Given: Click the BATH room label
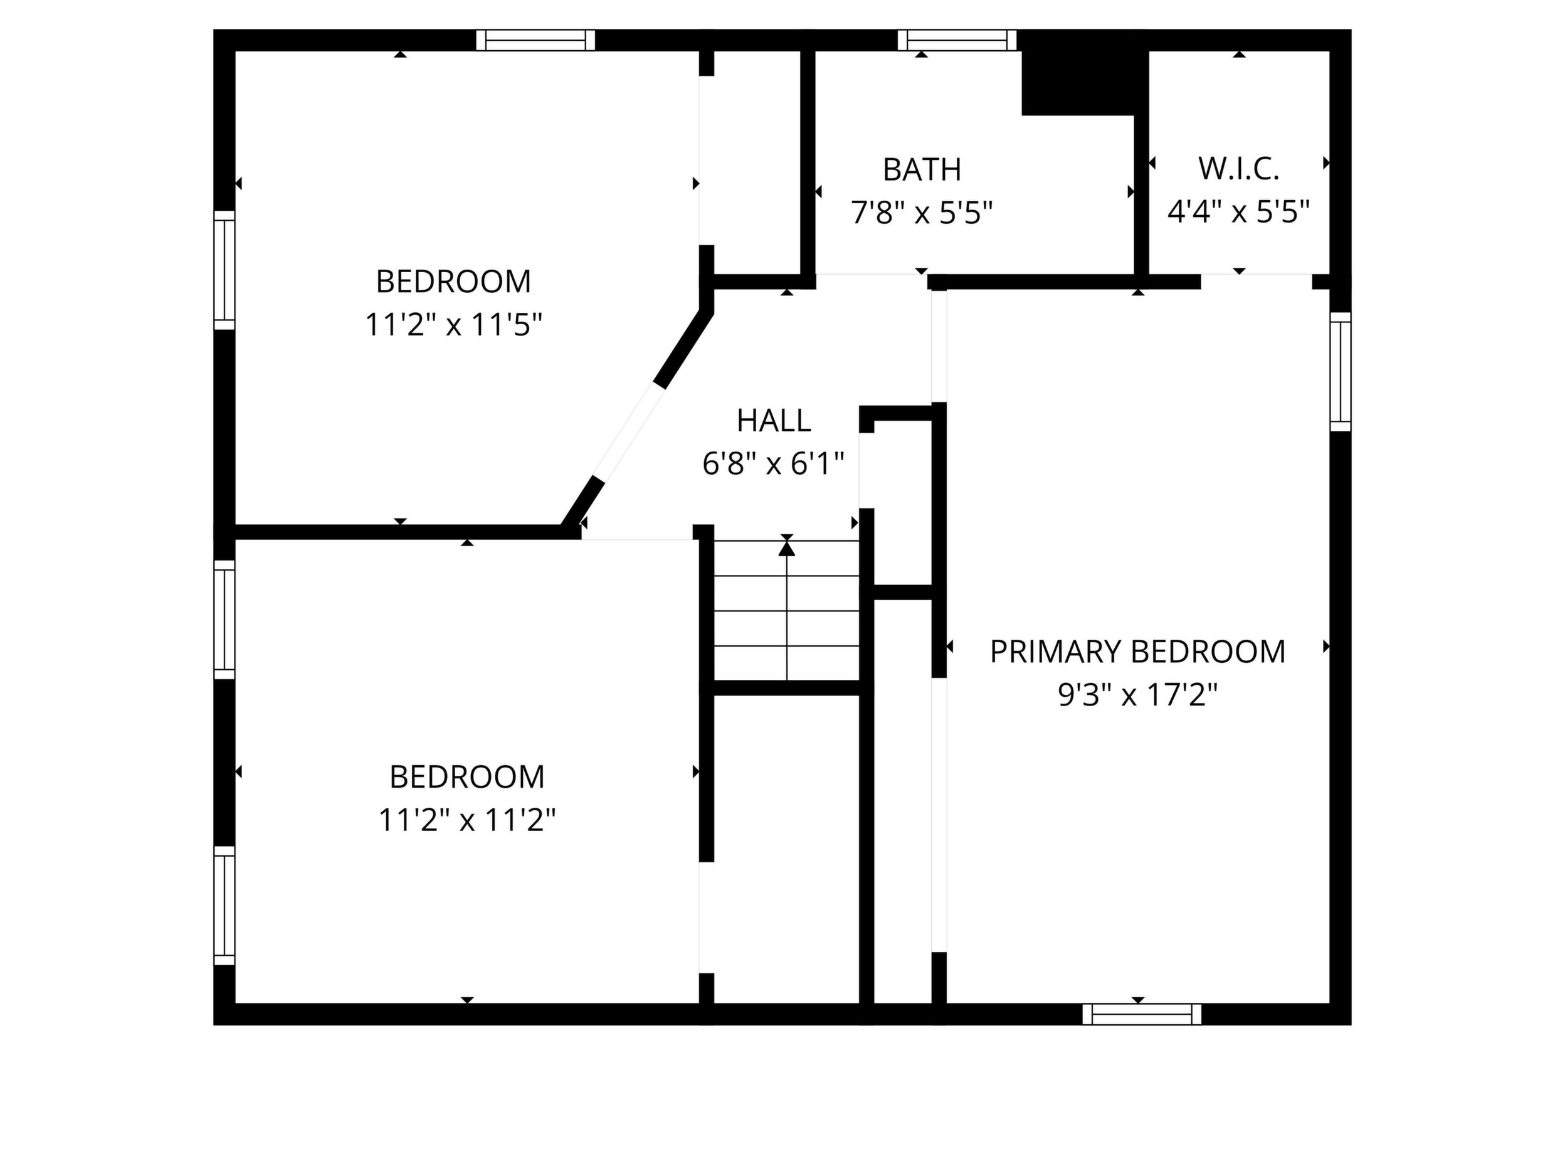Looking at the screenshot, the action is (921, 170).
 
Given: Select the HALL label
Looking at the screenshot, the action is (773, 421).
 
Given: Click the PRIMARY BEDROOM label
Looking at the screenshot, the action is (1137, 652).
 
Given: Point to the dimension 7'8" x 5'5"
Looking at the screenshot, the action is (921, 213).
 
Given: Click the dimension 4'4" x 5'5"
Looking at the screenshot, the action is (1238, 211).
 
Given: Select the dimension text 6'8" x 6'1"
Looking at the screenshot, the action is (773, 464).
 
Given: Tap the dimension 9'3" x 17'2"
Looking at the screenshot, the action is (1137, 695).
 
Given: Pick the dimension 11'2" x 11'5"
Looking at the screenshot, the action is (453, 325).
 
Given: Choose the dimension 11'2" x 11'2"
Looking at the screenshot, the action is (467, 821).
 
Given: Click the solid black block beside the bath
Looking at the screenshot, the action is (1084, 82).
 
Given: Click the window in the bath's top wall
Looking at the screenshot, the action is (957, 40).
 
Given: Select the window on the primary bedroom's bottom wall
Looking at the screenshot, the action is (1142, 1014).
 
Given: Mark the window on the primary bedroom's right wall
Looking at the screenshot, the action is (1340, 371).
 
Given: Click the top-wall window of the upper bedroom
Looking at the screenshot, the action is (535, 40).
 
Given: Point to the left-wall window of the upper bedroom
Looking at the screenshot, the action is (224, 270).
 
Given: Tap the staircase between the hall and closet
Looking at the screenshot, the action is (787, 610).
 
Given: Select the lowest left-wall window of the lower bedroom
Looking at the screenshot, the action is (224, 906).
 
